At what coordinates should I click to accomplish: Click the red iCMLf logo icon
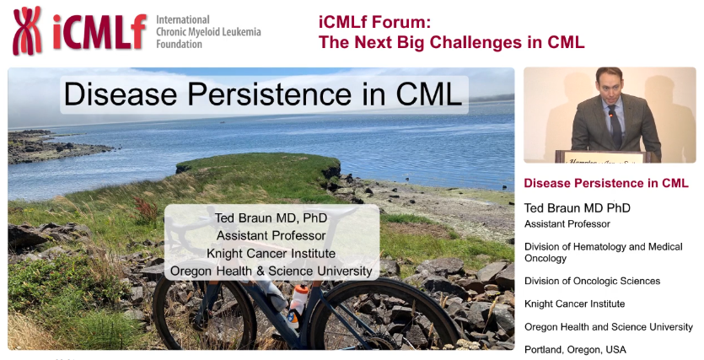point(28,30)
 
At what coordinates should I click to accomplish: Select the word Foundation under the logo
point(180,44)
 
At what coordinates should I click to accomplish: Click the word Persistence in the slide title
point(277,94)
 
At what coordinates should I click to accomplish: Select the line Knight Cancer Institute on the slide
point(271,253)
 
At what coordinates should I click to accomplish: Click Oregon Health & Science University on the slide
point(271,271)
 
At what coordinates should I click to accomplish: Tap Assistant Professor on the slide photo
point(271,235)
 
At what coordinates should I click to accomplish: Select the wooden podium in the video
point(607,157)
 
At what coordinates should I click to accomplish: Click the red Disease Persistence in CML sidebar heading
point(606,183)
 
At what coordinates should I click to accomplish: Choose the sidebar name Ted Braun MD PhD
point(578,207)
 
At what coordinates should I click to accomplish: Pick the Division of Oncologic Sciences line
point(592,281)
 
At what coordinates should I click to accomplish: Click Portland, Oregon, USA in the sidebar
point(575,349)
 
